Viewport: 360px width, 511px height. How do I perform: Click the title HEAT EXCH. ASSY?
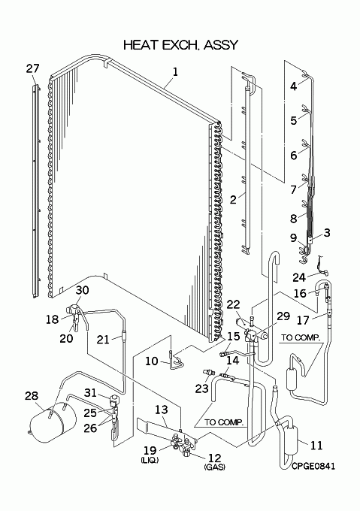pos(181,45)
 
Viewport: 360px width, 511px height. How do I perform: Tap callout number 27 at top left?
pos(32,68)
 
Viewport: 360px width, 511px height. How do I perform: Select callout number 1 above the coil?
pos(175,71)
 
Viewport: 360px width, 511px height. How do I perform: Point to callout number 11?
pos(316,445)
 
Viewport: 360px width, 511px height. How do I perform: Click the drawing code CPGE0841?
pos(313,467)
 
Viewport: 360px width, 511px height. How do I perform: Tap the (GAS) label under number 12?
pos(215,467)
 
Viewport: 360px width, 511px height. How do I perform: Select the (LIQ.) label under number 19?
pos(150,460)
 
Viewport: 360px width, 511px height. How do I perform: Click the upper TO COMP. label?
pos(301,337)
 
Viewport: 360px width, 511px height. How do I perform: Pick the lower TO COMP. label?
pos(224,422)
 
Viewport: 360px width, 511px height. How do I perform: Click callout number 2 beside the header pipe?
pos(233,199)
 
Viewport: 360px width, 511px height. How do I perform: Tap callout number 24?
pos(299,277)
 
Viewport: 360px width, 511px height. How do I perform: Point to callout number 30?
pos(82,290)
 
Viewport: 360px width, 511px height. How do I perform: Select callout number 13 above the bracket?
pos(162,410)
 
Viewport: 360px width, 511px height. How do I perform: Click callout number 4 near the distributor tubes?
pos(294,86)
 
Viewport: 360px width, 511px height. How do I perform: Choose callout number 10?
pos(152,361)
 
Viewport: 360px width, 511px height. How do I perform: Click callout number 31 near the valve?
pos(91,393)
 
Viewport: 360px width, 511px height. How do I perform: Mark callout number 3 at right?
pos(327,232)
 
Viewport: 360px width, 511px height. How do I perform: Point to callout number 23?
pos(201,389)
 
